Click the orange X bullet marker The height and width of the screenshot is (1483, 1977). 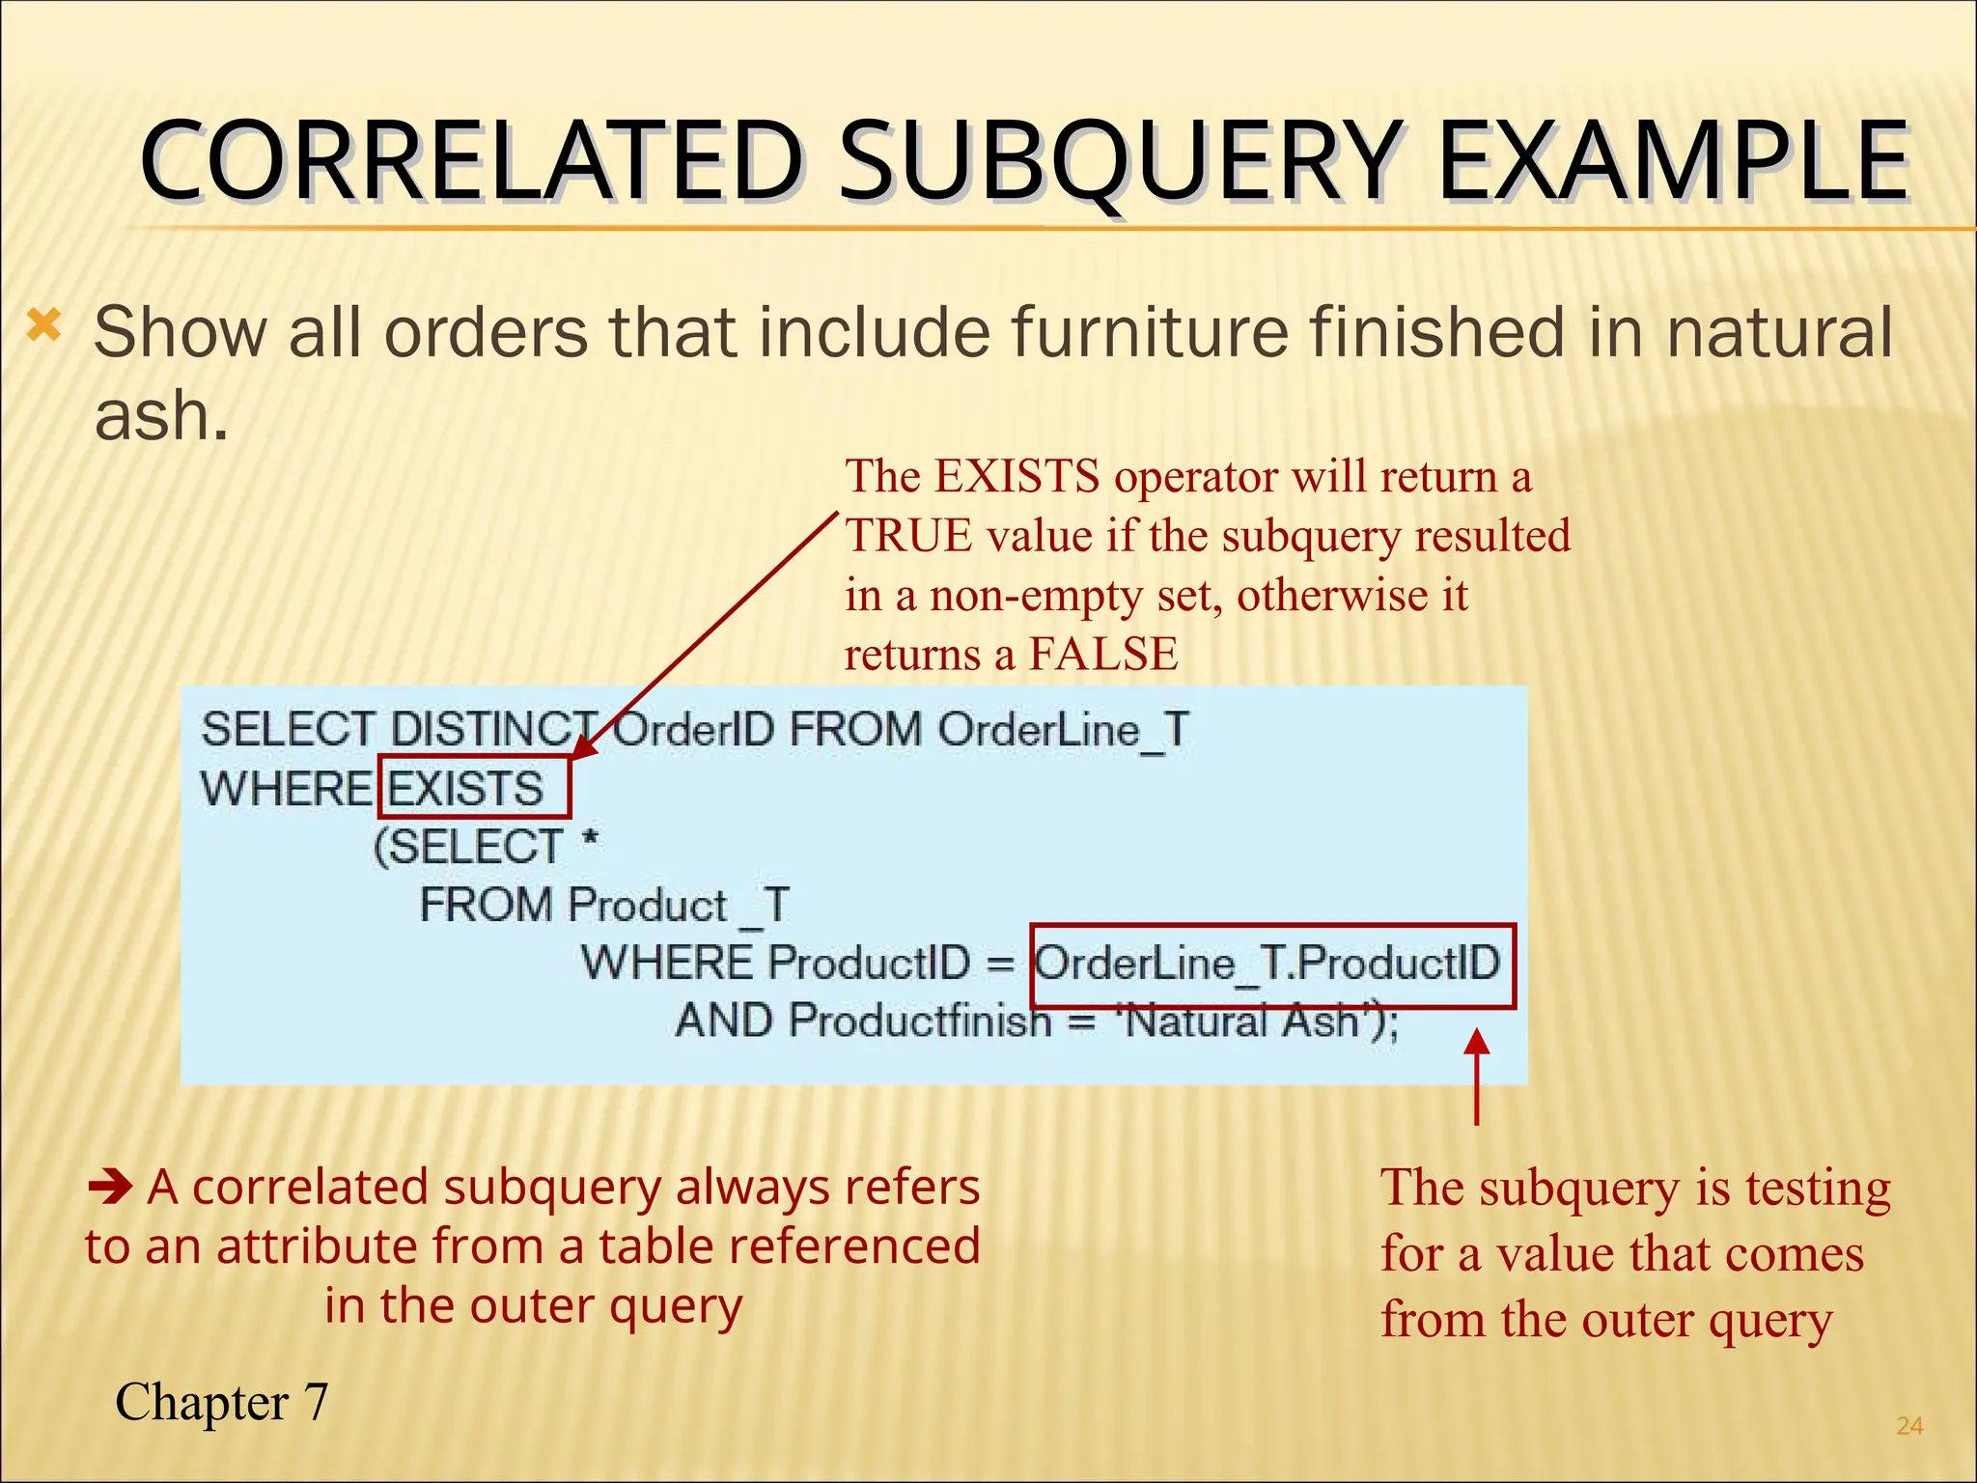44,326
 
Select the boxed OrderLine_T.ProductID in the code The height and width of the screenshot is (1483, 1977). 1268,964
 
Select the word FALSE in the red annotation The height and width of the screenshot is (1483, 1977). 1103,654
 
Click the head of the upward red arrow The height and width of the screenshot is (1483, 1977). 1476,1043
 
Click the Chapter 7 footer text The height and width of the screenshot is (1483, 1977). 222,1402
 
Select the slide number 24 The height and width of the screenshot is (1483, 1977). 1909,1426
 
